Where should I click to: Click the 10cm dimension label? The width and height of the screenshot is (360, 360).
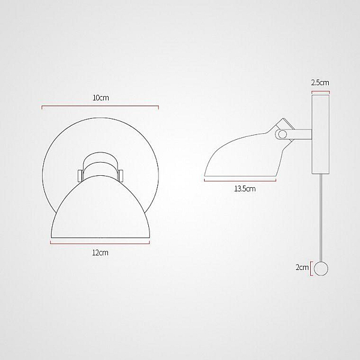101,98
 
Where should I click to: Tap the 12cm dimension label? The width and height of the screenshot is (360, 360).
100,253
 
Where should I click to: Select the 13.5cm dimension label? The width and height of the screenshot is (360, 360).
245,189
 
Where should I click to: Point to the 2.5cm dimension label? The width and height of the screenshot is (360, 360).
320,82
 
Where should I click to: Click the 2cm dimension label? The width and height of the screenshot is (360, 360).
302,267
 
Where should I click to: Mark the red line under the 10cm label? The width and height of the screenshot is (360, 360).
100,106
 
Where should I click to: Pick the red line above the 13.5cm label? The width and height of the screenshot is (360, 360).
240,181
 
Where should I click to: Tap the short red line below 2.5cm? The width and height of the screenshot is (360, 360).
320,92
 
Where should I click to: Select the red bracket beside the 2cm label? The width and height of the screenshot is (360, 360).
311,269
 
